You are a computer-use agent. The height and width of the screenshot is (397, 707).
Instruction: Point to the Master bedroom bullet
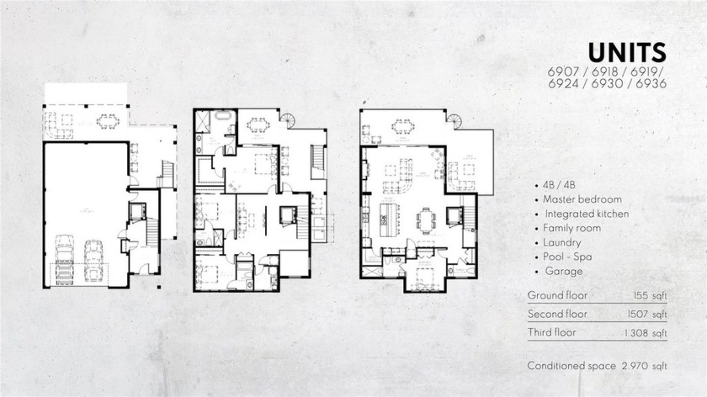point(582,200)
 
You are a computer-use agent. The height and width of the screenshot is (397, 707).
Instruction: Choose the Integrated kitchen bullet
point(587,214)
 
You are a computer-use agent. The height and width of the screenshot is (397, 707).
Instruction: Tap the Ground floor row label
point(558,296)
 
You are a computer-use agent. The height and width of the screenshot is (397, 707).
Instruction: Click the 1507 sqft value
point(649,315)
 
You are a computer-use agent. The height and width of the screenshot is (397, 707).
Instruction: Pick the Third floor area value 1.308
point(649,333)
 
